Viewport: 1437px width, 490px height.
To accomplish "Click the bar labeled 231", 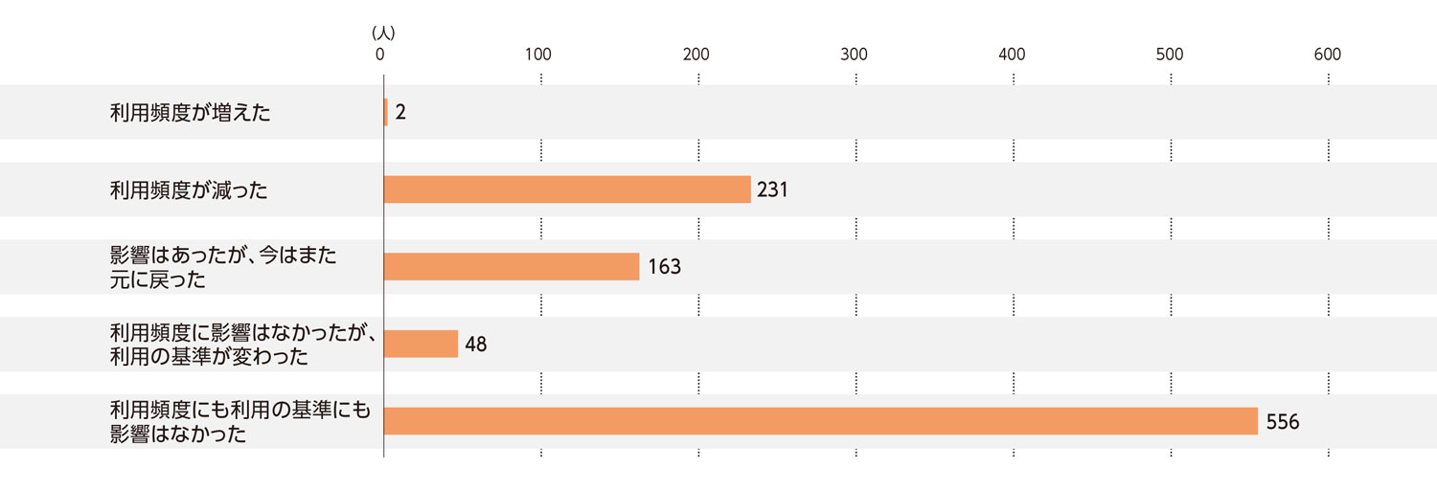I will click(x=567, y=189).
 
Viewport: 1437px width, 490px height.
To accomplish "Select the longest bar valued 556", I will click(x=820, y=421).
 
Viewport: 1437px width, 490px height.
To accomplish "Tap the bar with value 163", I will click(x=512, y=267).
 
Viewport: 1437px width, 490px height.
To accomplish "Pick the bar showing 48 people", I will click(x=421, y=344).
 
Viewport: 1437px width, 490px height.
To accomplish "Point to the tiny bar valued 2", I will click(x=386, y=112).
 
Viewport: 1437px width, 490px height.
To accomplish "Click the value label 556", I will click(x=1283, y=421).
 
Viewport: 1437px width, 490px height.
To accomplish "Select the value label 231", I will click(x=772, y=189).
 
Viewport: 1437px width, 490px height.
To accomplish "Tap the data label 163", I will click(x=664, y=267).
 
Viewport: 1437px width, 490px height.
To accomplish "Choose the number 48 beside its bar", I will click(x=476, y=344).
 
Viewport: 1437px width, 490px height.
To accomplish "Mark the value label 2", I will click(x=400, y=112).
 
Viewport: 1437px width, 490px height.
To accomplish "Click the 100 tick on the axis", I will click(x=538, y=55).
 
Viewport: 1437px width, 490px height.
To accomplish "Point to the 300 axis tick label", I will click(x=854, y=55).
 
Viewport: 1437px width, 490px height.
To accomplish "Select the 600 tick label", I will click(x=1327, y=55).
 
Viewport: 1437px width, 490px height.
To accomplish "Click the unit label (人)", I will click(x=383, y=32).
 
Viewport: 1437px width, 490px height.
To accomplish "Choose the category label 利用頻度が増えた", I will click(x=190, y=113).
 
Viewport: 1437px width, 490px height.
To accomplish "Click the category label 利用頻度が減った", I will click(x=189, y=190).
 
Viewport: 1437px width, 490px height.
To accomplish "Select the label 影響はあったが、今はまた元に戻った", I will click(x=223, y=267).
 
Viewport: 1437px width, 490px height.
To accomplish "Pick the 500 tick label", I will click(x=1170, y=55).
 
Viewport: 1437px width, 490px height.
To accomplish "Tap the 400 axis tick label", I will click(x=1012, y=55).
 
